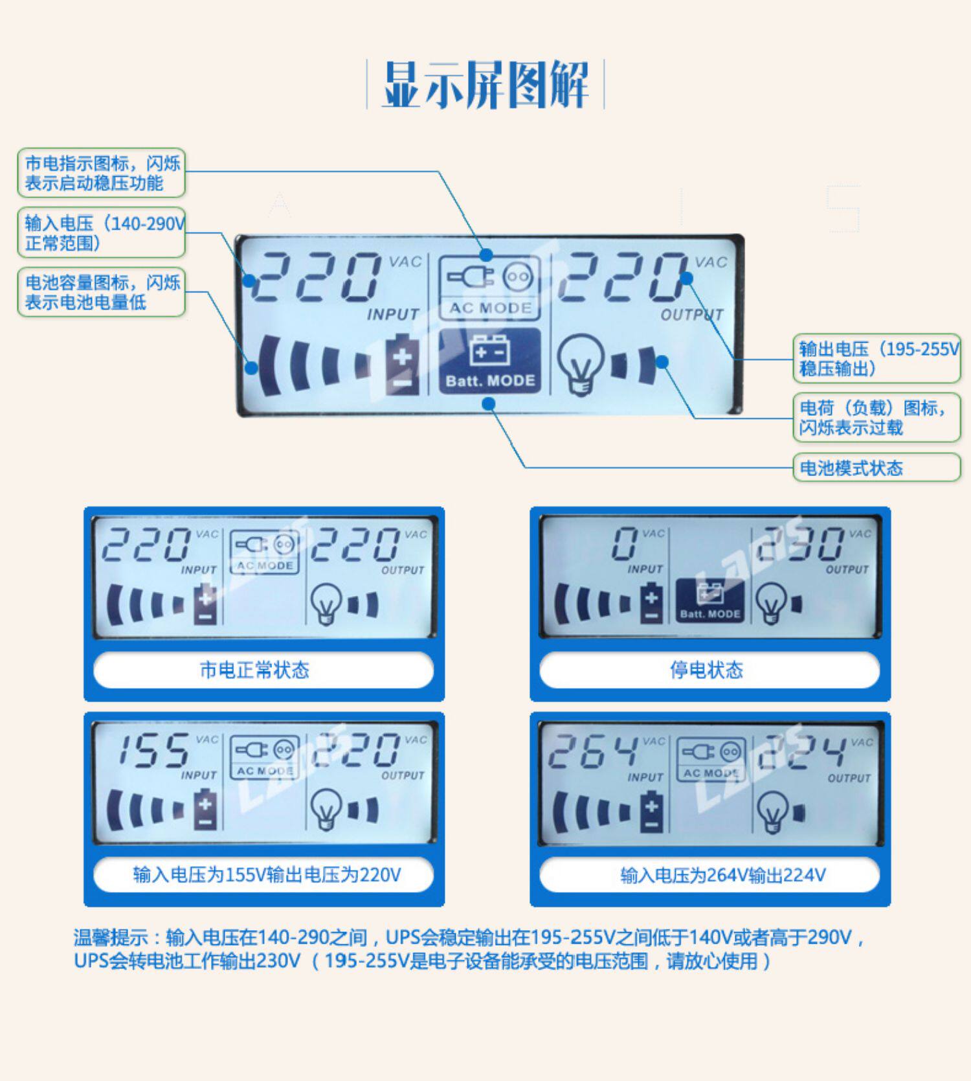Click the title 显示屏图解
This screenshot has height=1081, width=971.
click(485, 85)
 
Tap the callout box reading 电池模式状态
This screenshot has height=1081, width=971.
click(876, 468)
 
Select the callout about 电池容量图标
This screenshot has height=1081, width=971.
click(102, 292)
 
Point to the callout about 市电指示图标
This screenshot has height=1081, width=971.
click(102, 173)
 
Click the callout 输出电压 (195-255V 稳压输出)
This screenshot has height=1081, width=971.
click(876, 359)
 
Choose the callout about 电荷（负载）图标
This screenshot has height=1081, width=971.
click(876, 418)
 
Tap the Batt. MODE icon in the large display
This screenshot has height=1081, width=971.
click(490, 361)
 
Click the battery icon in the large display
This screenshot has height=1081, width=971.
click(402, 363)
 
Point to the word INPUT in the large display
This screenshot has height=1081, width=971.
click(393, 315)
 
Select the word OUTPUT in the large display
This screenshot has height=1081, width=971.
click(692, 315)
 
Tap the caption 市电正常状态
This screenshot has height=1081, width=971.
click(255, 670)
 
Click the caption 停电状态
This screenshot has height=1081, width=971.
click(706, 670)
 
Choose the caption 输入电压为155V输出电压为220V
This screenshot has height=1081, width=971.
click(267, 875)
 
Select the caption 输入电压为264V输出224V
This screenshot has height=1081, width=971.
click(723, 876)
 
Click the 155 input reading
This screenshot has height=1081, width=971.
click(153, 751)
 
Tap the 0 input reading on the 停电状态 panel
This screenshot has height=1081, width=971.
click(625, 543)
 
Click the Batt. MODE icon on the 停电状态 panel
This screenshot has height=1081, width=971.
click(709, 600)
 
